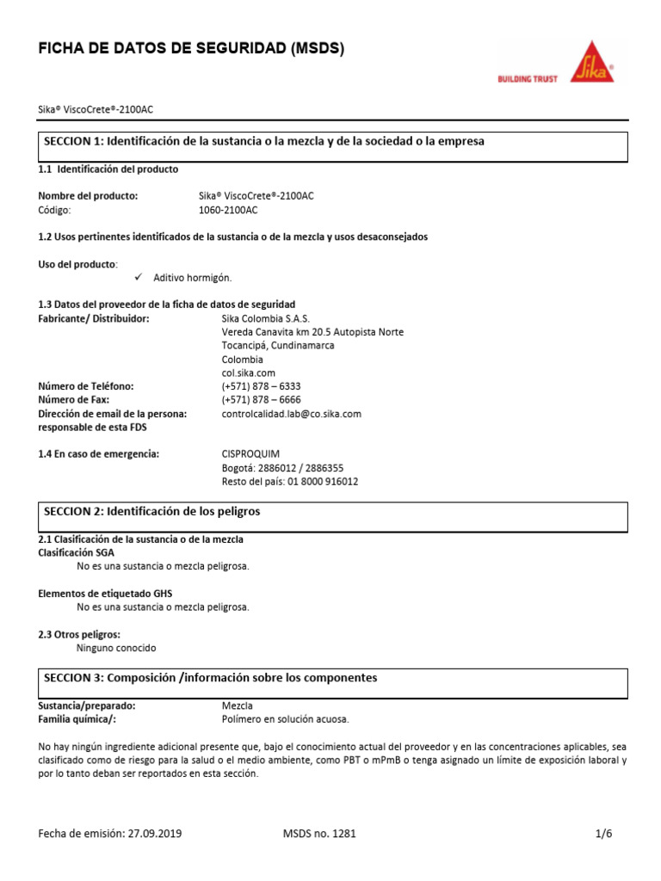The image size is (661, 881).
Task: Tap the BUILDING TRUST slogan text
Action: coord(528,78)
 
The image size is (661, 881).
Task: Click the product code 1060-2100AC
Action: coord(228,210)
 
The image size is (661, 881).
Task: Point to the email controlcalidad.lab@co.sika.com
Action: coord(291,414)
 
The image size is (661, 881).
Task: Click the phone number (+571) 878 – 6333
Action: coord(261,386)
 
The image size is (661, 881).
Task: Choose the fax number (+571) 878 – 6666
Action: coord(261,400)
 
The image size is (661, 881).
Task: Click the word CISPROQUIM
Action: coord(250,453)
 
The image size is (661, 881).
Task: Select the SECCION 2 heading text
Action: coord(151,511)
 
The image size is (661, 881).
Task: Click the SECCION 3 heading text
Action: coord(210,678)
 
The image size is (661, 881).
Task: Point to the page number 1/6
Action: coord(603,833)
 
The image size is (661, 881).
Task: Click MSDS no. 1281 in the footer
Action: coord(318,833)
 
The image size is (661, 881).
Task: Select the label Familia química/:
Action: coord(77,719)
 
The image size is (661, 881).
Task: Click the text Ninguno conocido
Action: coord(116,648)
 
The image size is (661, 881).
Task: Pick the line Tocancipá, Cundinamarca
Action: coord(278,345)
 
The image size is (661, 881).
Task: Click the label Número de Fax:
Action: coord(74,400)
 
